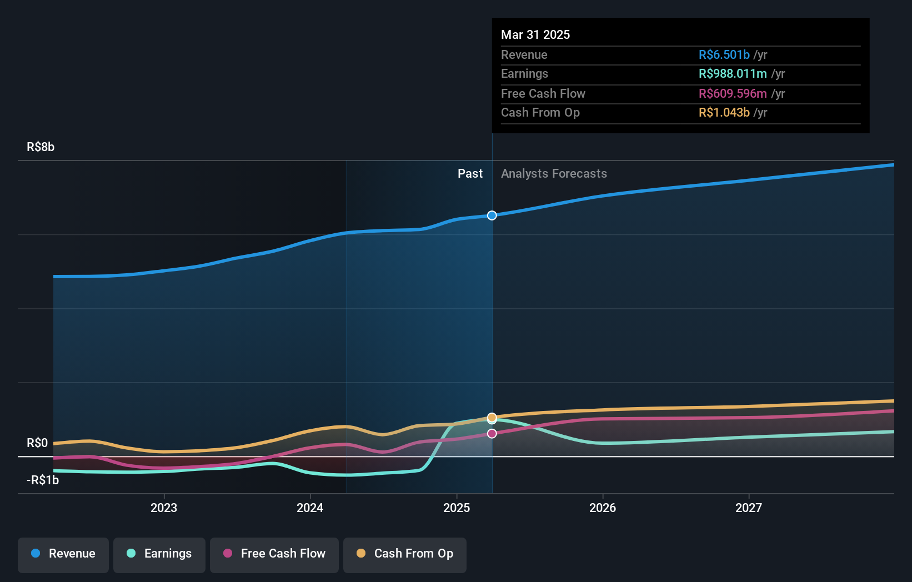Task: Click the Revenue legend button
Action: coord(63,554)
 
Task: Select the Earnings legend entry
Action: coord(159,554)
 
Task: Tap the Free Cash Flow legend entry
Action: coord(274,554)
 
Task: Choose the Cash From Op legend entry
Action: coord(405,554)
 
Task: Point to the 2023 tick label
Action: coord(164,508)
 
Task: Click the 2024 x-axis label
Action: coord(310,508)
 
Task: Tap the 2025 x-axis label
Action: coord(457,508)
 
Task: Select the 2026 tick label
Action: coord(603,508)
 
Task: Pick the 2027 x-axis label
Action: coord(749,508)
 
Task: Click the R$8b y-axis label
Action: coord(41,147)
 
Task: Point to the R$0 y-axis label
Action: coord(37,443)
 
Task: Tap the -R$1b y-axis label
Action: coord(43,480)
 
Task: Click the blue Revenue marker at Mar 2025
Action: coord(492,215)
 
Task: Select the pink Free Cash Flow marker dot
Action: coord(492,434)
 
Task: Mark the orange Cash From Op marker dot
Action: coord(492,417)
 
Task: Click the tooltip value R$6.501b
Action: coord(724,54)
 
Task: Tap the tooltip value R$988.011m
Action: coord(733,73)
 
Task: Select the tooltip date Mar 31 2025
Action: coord(535,34)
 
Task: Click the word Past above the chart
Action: coord(470,173)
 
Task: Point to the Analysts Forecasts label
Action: coord(554,173)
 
